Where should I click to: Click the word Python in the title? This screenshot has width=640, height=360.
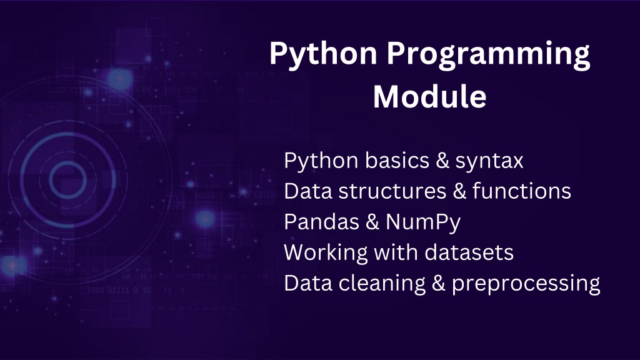[x=323, y=55]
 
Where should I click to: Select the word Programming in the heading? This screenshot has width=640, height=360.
[x=488, y=55]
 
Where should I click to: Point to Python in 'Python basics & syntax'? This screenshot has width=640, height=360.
[x=321, y=161]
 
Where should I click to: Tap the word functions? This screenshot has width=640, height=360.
[x=522, y=191]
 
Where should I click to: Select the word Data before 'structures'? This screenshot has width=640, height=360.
[x=308, y=191]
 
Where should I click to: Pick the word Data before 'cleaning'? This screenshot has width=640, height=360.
[x=308, y=283]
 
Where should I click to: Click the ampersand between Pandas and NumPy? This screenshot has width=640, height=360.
[x=372, y=222]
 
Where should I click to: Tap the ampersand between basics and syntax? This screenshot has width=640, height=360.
[x=442, y=160]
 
